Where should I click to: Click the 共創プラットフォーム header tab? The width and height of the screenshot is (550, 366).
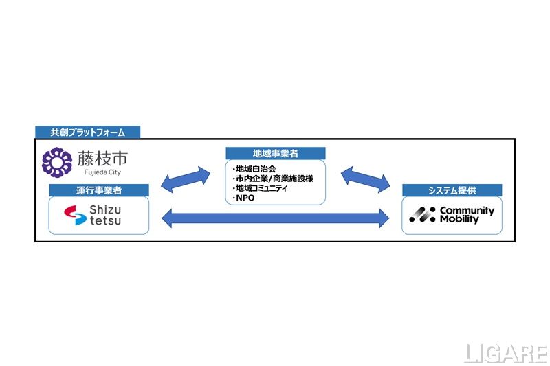click(88, 132)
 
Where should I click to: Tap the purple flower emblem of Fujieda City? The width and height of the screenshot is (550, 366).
click(57, 162)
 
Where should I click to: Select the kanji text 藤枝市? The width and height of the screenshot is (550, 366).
click(102, 159)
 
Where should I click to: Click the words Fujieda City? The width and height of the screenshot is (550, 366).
click(102, 172)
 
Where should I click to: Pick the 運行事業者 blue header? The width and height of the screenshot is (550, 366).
click(99, 190)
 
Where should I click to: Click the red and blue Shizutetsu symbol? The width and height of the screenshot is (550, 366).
click(75, 215)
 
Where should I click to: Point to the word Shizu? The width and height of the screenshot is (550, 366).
click(105, 210)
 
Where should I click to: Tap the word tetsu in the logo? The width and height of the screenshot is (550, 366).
click(105, 220)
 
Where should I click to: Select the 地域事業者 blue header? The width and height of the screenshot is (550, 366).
click(276, 153)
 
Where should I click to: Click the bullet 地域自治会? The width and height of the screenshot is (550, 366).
click(254, 169)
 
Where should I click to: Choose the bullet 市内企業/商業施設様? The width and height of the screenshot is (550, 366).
click(273, 179)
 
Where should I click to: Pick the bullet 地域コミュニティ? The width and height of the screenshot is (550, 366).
click(260, 188)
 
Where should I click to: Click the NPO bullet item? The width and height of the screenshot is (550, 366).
click(244, 198)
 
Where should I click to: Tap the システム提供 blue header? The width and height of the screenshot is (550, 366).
click(452, 190)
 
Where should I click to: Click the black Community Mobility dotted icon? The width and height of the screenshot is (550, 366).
click(423, 214)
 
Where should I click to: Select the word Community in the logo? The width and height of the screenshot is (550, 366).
click(467, 211)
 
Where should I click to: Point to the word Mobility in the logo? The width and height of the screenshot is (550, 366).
click(459, 219)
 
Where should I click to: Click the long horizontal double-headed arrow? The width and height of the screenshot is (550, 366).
click(276, 218)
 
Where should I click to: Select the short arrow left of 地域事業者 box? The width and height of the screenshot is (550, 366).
click(186, 179)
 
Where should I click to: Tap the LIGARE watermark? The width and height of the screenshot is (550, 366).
click(505, 353)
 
